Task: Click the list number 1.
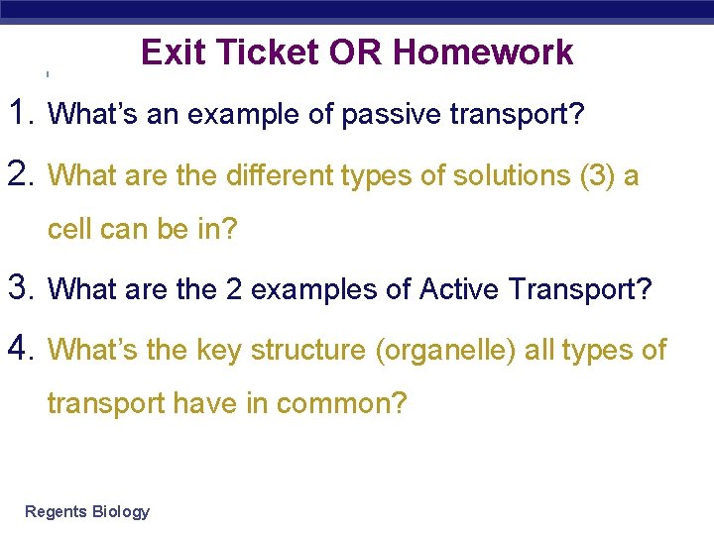[22, 114]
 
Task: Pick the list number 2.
[22, 174]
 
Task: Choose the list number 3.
[22, 288]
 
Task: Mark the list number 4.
[22, 349]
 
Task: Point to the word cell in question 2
[72, 230]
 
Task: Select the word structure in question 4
[306, 351]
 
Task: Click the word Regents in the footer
[56, 512]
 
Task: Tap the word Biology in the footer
[120, 512]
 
